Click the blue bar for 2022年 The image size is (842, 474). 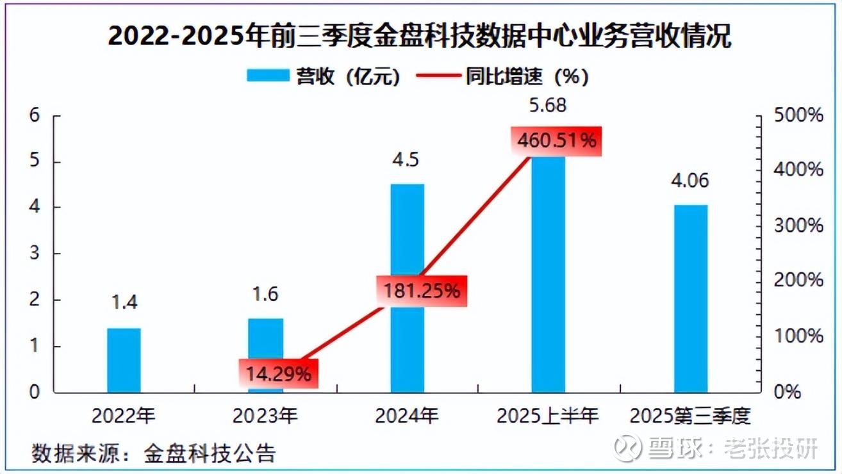pos(124,360)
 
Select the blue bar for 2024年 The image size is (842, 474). pos(407,288)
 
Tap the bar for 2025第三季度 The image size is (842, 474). pos(690,298)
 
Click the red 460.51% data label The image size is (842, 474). pos(556,140)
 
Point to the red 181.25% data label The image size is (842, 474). pos(422,290)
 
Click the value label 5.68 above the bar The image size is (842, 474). pos(548,106)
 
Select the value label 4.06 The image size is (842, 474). pos(689,181)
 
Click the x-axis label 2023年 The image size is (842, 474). pos(265,416)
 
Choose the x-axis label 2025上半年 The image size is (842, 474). pos(548,416)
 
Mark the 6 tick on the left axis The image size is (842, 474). pos(35,115)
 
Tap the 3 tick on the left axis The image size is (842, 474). pos(35,254)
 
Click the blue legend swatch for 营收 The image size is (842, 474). pos(267,77)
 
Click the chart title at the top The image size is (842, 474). pos(420,36)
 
